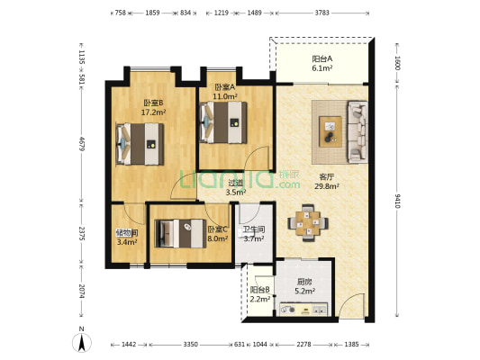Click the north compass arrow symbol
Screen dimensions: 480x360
tap(82, 342)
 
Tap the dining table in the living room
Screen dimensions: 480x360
tap(308, 222)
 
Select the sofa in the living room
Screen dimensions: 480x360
tap(358, 131)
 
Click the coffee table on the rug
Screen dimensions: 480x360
tap(331, 131)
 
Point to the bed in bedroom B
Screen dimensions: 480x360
tap(140, 144)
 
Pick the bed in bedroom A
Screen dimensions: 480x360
tap(223, 122)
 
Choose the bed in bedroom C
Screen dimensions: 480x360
tap(181, 233)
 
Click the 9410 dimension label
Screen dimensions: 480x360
tap(397, 201)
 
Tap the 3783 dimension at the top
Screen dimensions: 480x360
tap(322, 13)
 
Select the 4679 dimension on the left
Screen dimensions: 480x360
tap(82, 143)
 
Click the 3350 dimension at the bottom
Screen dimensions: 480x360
tap(190, 345)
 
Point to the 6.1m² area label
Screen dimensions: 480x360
tap(322, 68)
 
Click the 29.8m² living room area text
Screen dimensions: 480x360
tap(327, 186)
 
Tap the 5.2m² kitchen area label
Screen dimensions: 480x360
tap(305, 292)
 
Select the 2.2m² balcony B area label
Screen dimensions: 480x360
tap(260, 299)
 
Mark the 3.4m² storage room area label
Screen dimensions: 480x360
tap(127, 242)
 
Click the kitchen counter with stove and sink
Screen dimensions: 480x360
tap(303, 310)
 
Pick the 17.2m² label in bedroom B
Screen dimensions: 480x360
tap(153, 112)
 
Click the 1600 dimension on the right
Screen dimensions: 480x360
tap(397, 63)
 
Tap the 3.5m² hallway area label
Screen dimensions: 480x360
tap(236, 193)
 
